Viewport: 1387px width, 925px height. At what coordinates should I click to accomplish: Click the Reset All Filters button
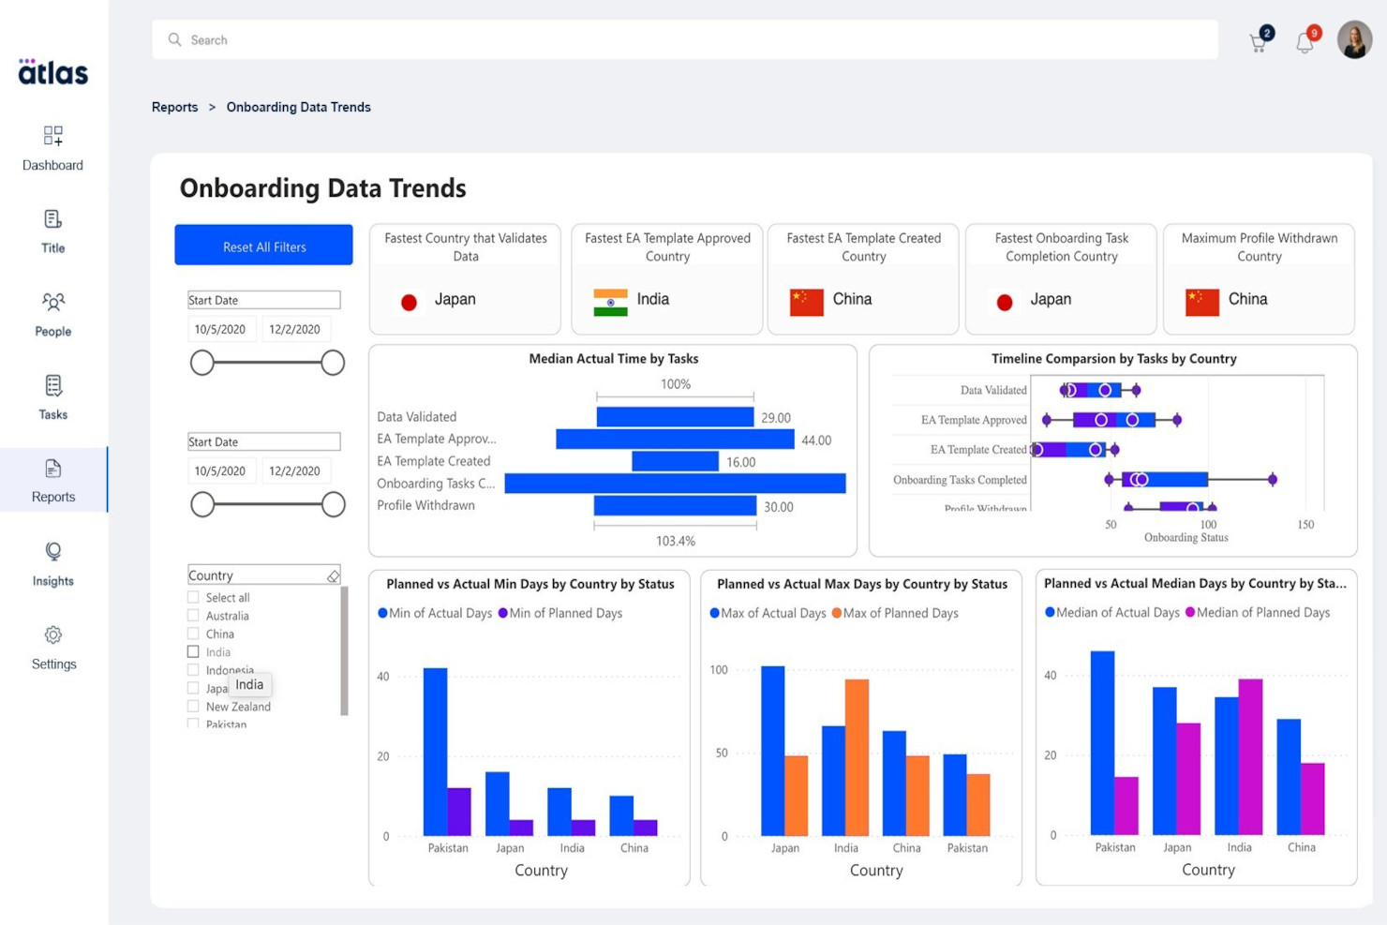[263, 246]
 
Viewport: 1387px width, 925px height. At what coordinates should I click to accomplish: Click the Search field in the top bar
[684, 40]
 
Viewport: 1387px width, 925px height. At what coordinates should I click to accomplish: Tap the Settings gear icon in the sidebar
[53, 635]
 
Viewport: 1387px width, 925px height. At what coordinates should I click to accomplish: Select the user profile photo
[1353, 40]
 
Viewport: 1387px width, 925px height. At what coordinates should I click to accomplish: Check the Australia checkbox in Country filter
[193, 616]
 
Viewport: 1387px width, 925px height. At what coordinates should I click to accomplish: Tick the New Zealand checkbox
[193, 707]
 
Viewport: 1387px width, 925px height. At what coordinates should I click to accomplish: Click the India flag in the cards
[610, 302]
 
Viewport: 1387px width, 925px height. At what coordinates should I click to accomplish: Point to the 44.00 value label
[815, 440]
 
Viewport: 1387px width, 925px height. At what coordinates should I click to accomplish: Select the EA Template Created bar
[675, 461]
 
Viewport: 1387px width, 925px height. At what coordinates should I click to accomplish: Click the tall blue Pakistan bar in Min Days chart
[435, 751]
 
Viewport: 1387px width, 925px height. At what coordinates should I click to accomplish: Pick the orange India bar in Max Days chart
[857, 756]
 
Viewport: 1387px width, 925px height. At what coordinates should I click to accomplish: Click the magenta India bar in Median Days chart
[1250, 756]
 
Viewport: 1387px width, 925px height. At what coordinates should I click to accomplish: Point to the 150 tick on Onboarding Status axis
[1305, 525]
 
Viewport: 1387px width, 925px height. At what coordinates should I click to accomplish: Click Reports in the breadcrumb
[174, 107]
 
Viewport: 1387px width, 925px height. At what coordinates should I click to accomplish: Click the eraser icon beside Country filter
[333, 576]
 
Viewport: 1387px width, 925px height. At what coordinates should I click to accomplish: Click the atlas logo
[53, 72]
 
